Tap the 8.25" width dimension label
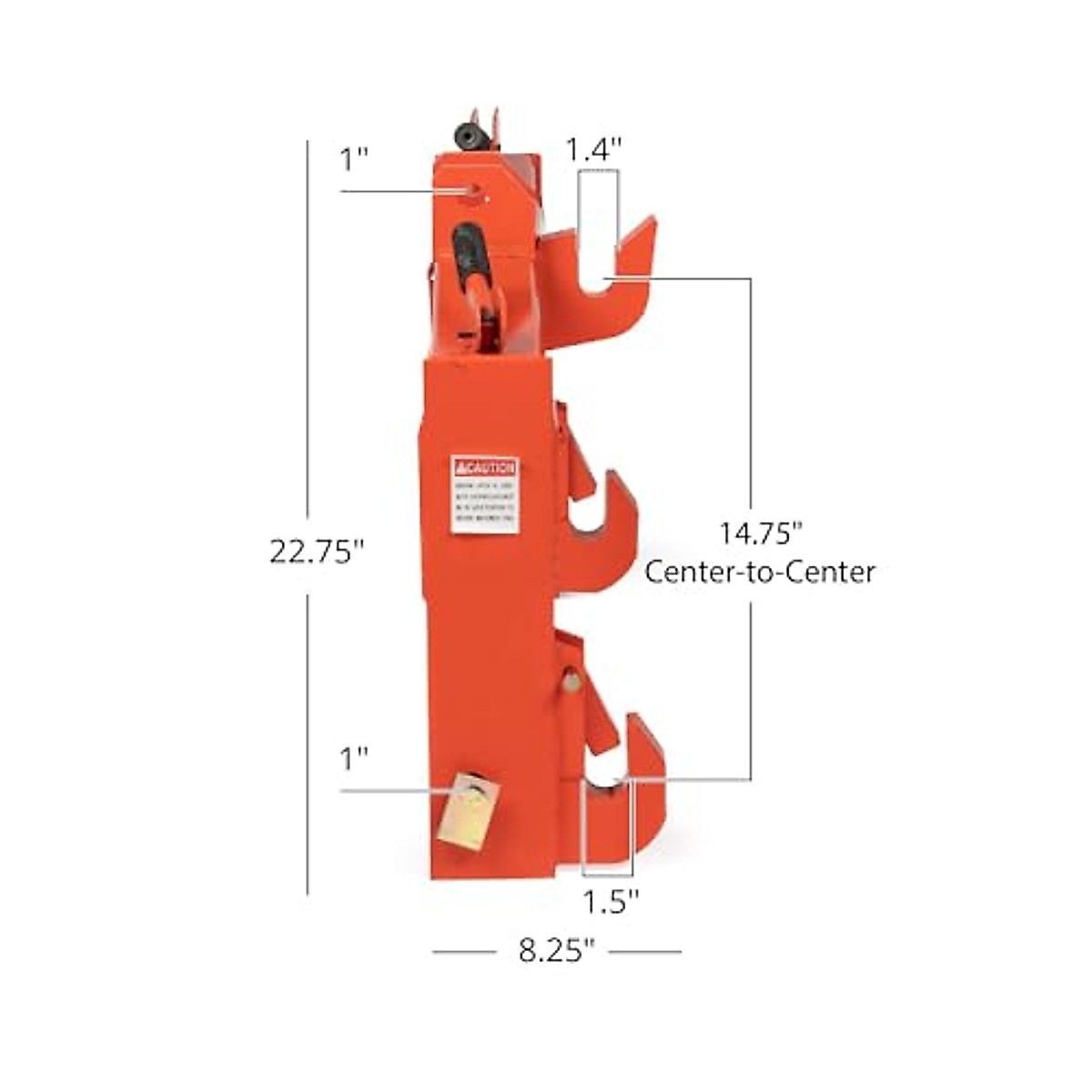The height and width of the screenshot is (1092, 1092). pos(556,952)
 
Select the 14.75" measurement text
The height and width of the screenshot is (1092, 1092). pos(760,532)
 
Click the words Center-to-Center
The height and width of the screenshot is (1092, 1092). pos(760,572)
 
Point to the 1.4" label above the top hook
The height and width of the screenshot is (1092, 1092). pos(593,148)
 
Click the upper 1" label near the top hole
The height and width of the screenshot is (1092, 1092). pos(354,160)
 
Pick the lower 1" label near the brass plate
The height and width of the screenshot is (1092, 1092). pos(354,758)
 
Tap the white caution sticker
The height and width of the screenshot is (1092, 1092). pos(485,495)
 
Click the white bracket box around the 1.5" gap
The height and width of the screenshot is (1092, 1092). pos(606,824)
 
